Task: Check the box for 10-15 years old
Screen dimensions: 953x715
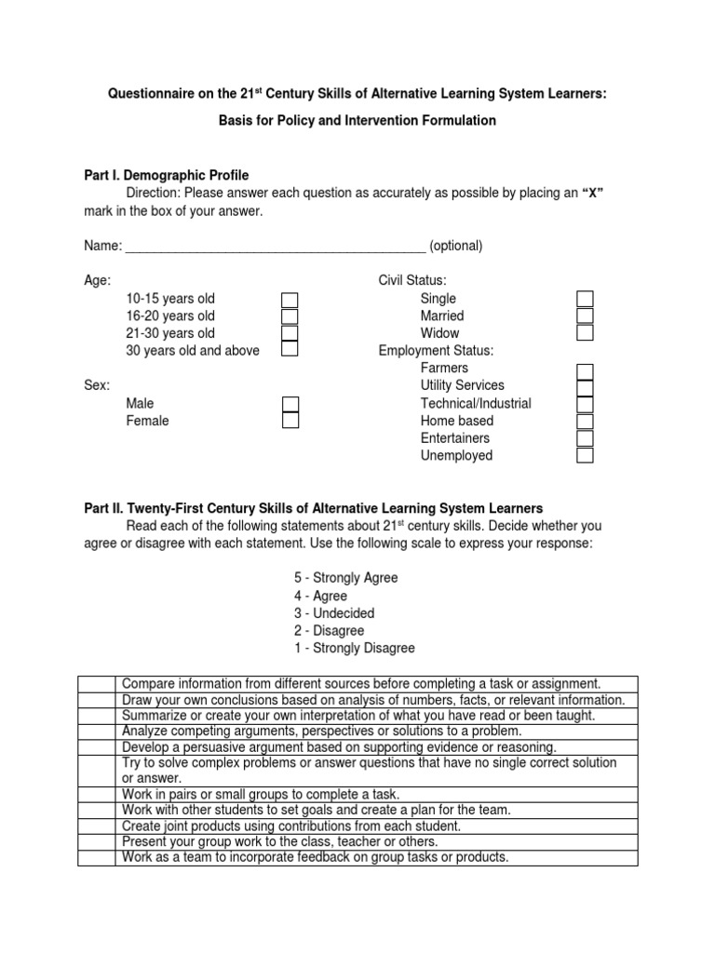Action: click(290, 299)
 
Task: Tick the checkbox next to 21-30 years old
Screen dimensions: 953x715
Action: click(290, 333)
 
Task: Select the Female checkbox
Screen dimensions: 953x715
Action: click(290, 421)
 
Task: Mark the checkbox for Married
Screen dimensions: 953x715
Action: click(585, 316)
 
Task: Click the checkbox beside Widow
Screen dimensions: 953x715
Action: click(585, 333)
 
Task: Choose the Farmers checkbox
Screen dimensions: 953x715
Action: click(585, 370)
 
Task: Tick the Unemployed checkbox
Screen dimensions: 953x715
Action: click(585, 456)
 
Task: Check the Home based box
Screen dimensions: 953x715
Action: click(585, 422)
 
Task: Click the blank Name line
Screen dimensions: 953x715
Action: click(276, 248)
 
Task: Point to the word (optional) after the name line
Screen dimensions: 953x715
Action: click(456, 247)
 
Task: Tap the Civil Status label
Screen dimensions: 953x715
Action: click(411, 280)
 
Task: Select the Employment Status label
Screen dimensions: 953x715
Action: click(436, 351)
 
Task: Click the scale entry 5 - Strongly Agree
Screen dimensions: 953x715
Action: click(345, 578)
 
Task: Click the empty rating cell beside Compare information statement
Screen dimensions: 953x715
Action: click(97, 684)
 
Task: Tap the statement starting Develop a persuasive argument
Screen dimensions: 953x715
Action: click(339, 746)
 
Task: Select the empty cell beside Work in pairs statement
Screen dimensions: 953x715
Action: click(97, 794)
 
